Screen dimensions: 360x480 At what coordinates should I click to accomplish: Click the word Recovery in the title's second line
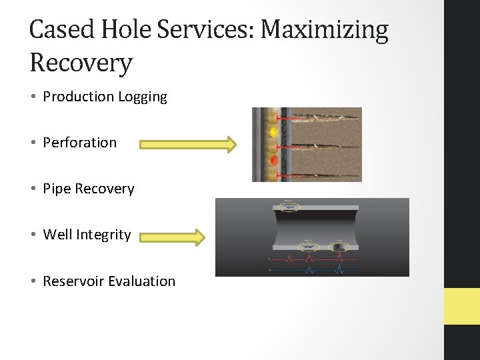click(81, 63)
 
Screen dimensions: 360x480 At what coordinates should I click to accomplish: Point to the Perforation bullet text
click(79, 143)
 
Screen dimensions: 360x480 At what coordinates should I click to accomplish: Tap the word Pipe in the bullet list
click(57, 189)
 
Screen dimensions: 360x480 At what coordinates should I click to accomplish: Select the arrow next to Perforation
click(188, 144)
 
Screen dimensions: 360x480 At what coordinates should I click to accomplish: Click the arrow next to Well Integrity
click(172, 236)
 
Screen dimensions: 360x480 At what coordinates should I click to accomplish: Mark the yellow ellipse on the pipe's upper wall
click(289, 207)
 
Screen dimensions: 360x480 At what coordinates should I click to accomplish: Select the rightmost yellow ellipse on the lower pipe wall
click(339, 247)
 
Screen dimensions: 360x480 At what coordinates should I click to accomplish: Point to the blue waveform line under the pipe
click(313, 271)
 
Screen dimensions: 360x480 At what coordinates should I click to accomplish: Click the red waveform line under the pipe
click(313, 259)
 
